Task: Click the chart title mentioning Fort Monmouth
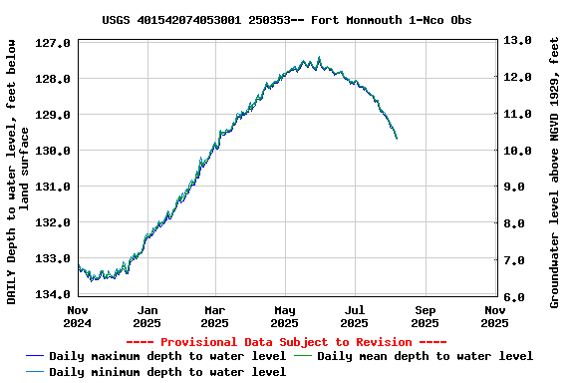pos(287,20)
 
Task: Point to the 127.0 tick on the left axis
pos(52,44)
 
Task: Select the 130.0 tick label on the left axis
pos(52,151)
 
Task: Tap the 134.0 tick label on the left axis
pos(52,294)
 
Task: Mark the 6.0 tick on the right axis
pos(518,298)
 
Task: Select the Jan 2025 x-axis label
pos(146,316)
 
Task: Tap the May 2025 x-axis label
pos(285,316)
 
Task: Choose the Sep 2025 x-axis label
pos(425,316)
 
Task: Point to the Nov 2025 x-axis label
pos(494,316)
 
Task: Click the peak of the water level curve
pos(319,58)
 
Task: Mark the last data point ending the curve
pos(397,139)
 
